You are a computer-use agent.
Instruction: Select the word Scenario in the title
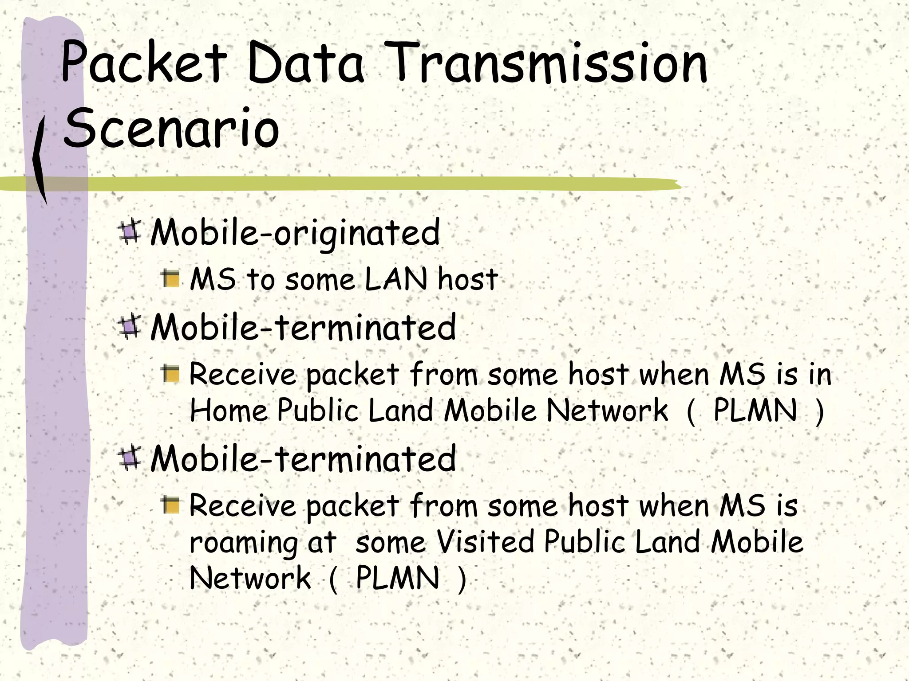point(171,129)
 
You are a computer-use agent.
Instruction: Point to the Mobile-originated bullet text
point(295,232)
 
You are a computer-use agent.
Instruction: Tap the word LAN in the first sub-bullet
point(396,279)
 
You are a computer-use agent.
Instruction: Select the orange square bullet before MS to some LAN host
point(171,279)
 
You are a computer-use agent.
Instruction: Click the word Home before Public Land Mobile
point(228,410)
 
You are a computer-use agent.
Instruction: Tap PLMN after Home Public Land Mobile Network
point(755,410)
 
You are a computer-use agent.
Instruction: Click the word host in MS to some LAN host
point(467,279)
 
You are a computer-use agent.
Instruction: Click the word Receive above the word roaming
point(242,505)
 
